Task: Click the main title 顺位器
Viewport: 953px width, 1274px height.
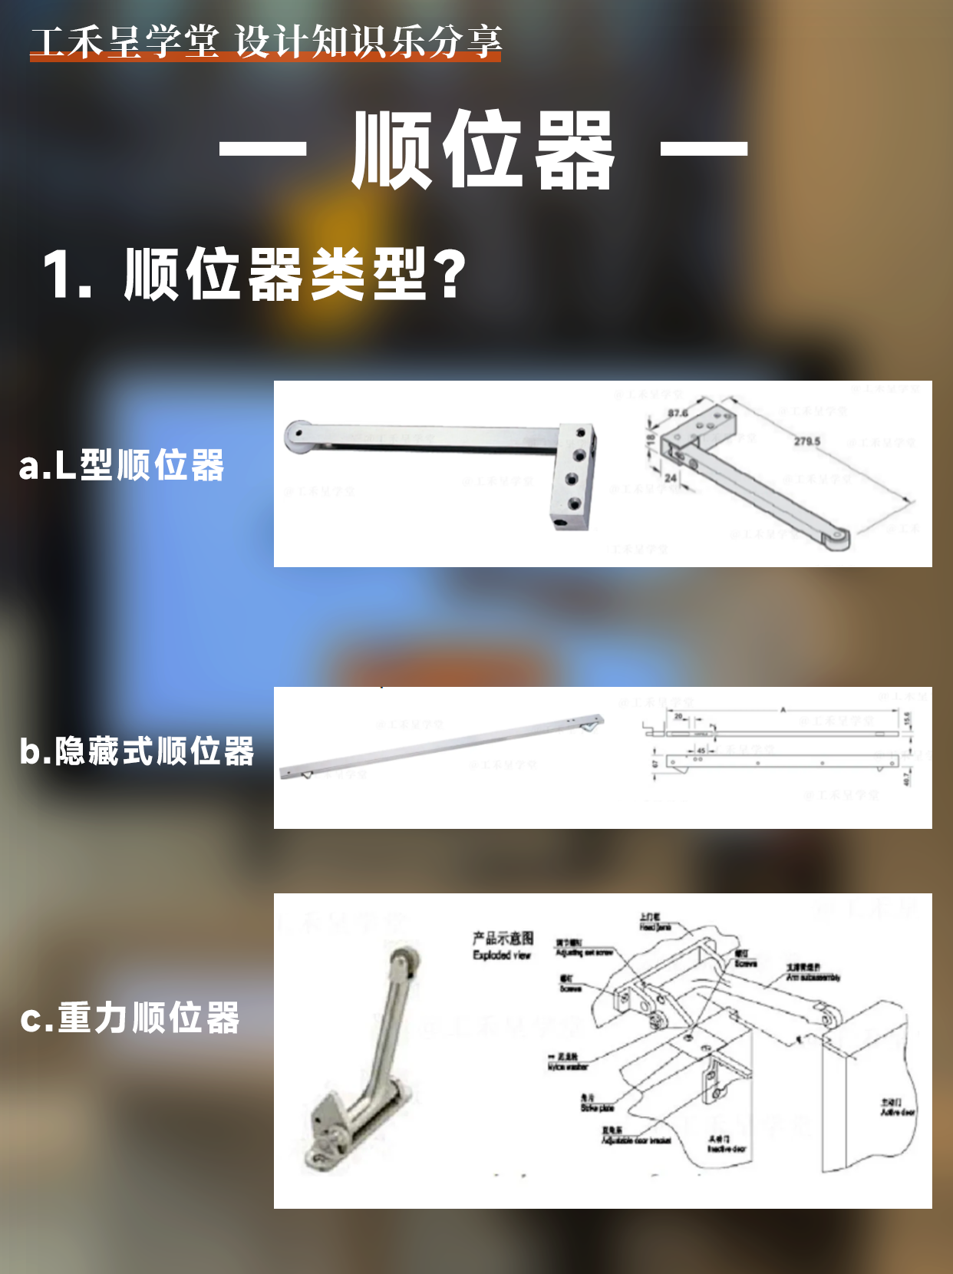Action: click(x=483, y=150)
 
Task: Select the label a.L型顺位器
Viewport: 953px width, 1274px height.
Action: click(x=121, y=465)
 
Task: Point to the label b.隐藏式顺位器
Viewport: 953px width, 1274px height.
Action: click(x=137, y=751)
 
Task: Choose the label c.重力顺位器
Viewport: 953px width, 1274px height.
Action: click(x=130, y=1018)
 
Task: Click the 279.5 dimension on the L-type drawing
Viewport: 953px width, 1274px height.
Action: click(x=806, y=441)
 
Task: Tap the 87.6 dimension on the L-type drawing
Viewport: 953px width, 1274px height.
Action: click(x=678, y=413)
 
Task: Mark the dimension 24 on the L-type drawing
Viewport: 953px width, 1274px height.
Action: click(x=671, y=477)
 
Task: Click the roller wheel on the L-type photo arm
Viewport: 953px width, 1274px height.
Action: click(x=297, y=436)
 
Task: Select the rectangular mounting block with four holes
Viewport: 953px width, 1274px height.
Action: click(x=574, y=476)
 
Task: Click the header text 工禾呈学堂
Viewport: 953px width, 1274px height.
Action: click(x=125, y=41)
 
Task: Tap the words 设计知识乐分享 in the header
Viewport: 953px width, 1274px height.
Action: click(x=369, y=41)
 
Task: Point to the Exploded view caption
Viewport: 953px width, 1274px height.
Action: click(x=502, y=955)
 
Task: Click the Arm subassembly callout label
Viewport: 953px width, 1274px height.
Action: click(x=813, y=977)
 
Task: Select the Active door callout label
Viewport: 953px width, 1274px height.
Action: click(x=897, y=1111)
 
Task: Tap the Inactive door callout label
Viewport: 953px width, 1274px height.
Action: click(x=726, y=1148)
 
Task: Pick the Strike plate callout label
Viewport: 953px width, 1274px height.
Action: click(x=596, y=1107)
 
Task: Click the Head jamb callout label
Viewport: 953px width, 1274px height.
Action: click(x=655, y=926)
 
